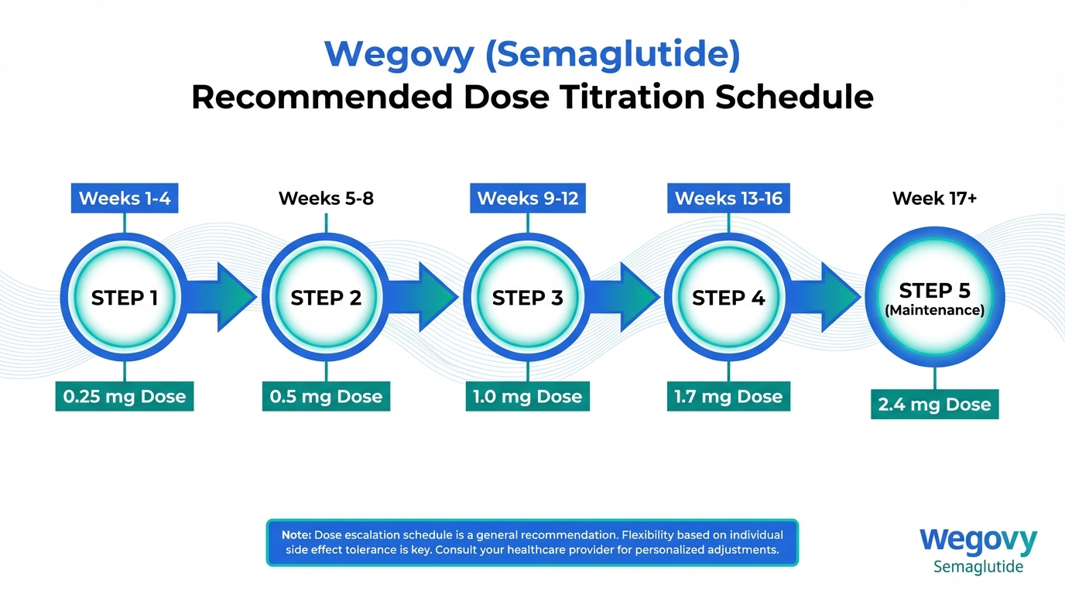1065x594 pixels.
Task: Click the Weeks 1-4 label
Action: tap(125, 198)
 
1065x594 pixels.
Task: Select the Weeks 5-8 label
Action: tap(326, 198)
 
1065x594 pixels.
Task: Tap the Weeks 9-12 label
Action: tap(528, 198)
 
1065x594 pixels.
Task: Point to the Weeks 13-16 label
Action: tap(728, 198)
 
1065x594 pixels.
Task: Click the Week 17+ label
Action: tap(935, 198)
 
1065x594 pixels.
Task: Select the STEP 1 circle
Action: tap(125, 298)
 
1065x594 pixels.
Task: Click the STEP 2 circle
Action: tap(326, 298)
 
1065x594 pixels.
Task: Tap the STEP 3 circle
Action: tap(528, 298)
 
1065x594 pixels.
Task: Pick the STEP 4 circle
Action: tap(728, 298)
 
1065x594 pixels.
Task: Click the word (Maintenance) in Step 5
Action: tap(935, 310)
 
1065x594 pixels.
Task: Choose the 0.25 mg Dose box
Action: tap(125, 396)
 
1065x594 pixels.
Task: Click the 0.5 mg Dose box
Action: tap(326, 396)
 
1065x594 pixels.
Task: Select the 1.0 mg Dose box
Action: tap(528, 396)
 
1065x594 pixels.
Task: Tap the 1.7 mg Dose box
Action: tap(728, 396)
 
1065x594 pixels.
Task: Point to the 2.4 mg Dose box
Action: tap(935, 405)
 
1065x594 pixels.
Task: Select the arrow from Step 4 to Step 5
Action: tap(826, 298)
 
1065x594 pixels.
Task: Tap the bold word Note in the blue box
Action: tap(296, 535)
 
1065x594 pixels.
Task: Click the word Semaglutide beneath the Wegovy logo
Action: tap(978, 567)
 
